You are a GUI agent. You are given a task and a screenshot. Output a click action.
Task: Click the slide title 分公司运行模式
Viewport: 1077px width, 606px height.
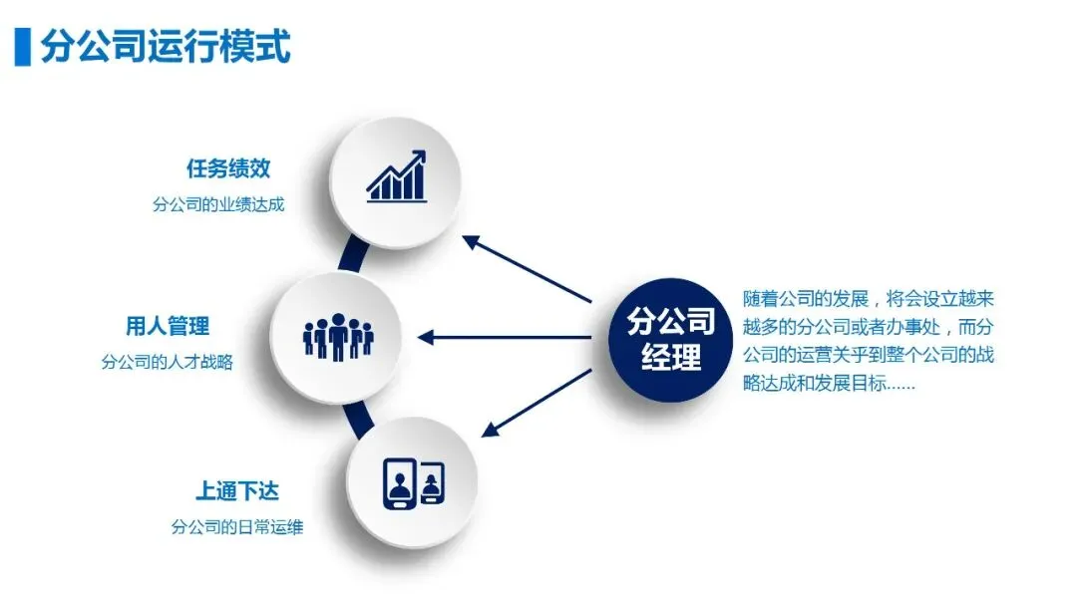166,47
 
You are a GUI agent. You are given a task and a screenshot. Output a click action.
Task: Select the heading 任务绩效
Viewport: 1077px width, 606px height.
228,168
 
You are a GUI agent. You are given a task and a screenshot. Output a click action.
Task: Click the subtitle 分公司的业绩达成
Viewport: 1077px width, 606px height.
218,204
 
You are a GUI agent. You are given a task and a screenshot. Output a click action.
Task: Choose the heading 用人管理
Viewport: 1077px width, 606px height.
168,326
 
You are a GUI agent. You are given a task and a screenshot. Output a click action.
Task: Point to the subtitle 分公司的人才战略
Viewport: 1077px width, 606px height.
167,362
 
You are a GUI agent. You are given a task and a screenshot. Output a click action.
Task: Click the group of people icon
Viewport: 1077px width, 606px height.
337,337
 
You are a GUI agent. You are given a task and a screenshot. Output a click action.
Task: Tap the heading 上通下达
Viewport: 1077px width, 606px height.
236,491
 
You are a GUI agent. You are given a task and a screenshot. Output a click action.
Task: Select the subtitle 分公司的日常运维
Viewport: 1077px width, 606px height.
236,527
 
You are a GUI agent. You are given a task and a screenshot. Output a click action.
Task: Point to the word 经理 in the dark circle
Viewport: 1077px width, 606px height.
671,357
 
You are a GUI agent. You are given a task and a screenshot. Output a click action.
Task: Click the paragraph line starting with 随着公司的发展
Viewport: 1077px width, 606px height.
869,299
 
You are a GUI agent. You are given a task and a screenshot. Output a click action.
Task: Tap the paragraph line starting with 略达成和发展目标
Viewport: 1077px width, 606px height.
829,383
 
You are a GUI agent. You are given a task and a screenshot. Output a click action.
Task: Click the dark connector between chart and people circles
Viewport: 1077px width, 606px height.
349,254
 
